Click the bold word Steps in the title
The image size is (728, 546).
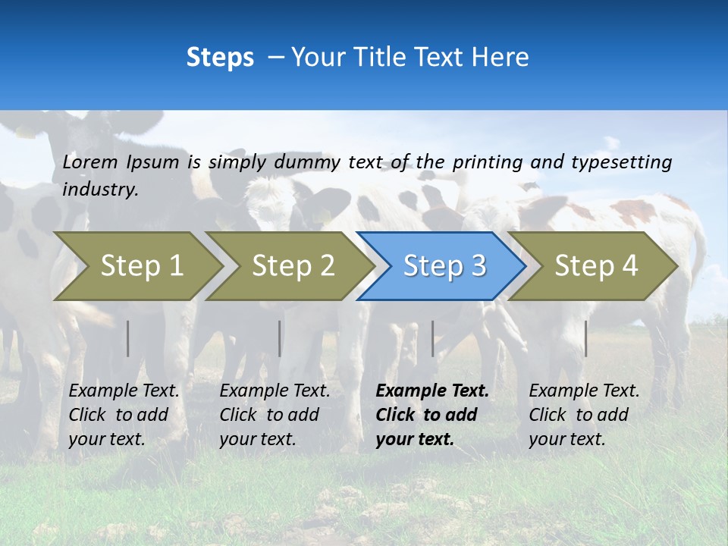click(220, 58)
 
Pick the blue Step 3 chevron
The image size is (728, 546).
click(444, 266)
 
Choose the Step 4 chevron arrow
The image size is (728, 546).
click(596, 266)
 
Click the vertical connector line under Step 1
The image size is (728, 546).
click(128, 338)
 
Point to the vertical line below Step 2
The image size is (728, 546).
click(280, 338)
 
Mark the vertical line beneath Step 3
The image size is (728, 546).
click(433, 338)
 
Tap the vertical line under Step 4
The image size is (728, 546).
click(586, 338)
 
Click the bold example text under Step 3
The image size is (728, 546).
click(431, 415)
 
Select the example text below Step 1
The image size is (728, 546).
click(124, 415)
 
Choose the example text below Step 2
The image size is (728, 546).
click(275, 415)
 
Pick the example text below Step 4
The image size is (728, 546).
click(584, 415)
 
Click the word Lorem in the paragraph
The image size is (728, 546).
click(90, 162)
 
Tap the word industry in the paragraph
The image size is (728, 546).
click(100, 190)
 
